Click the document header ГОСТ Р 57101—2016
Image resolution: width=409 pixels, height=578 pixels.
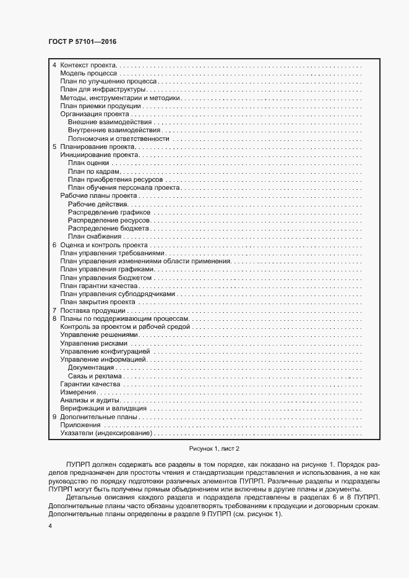point(82,41)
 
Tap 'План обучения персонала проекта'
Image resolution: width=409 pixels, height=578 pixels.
point(124,187)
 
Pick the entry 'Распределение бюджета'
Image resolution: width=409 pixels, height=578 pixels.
point(108,228)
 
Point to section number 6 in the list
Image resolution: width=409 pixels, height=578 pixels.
point(54,245)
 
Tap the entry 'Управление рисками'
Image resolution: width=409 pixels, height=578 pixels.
point(93,342)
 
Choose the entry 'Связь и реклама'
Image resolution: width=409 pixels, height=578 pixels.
point(95,375)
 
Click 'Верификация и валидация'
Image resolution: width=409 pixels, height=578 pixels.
point(103,408)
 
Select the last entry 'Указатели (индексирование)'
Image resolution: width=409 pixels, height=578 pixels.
point(106,433)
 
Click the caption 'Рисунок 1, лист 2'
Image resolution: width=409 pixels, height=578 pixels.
point(205,448)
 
